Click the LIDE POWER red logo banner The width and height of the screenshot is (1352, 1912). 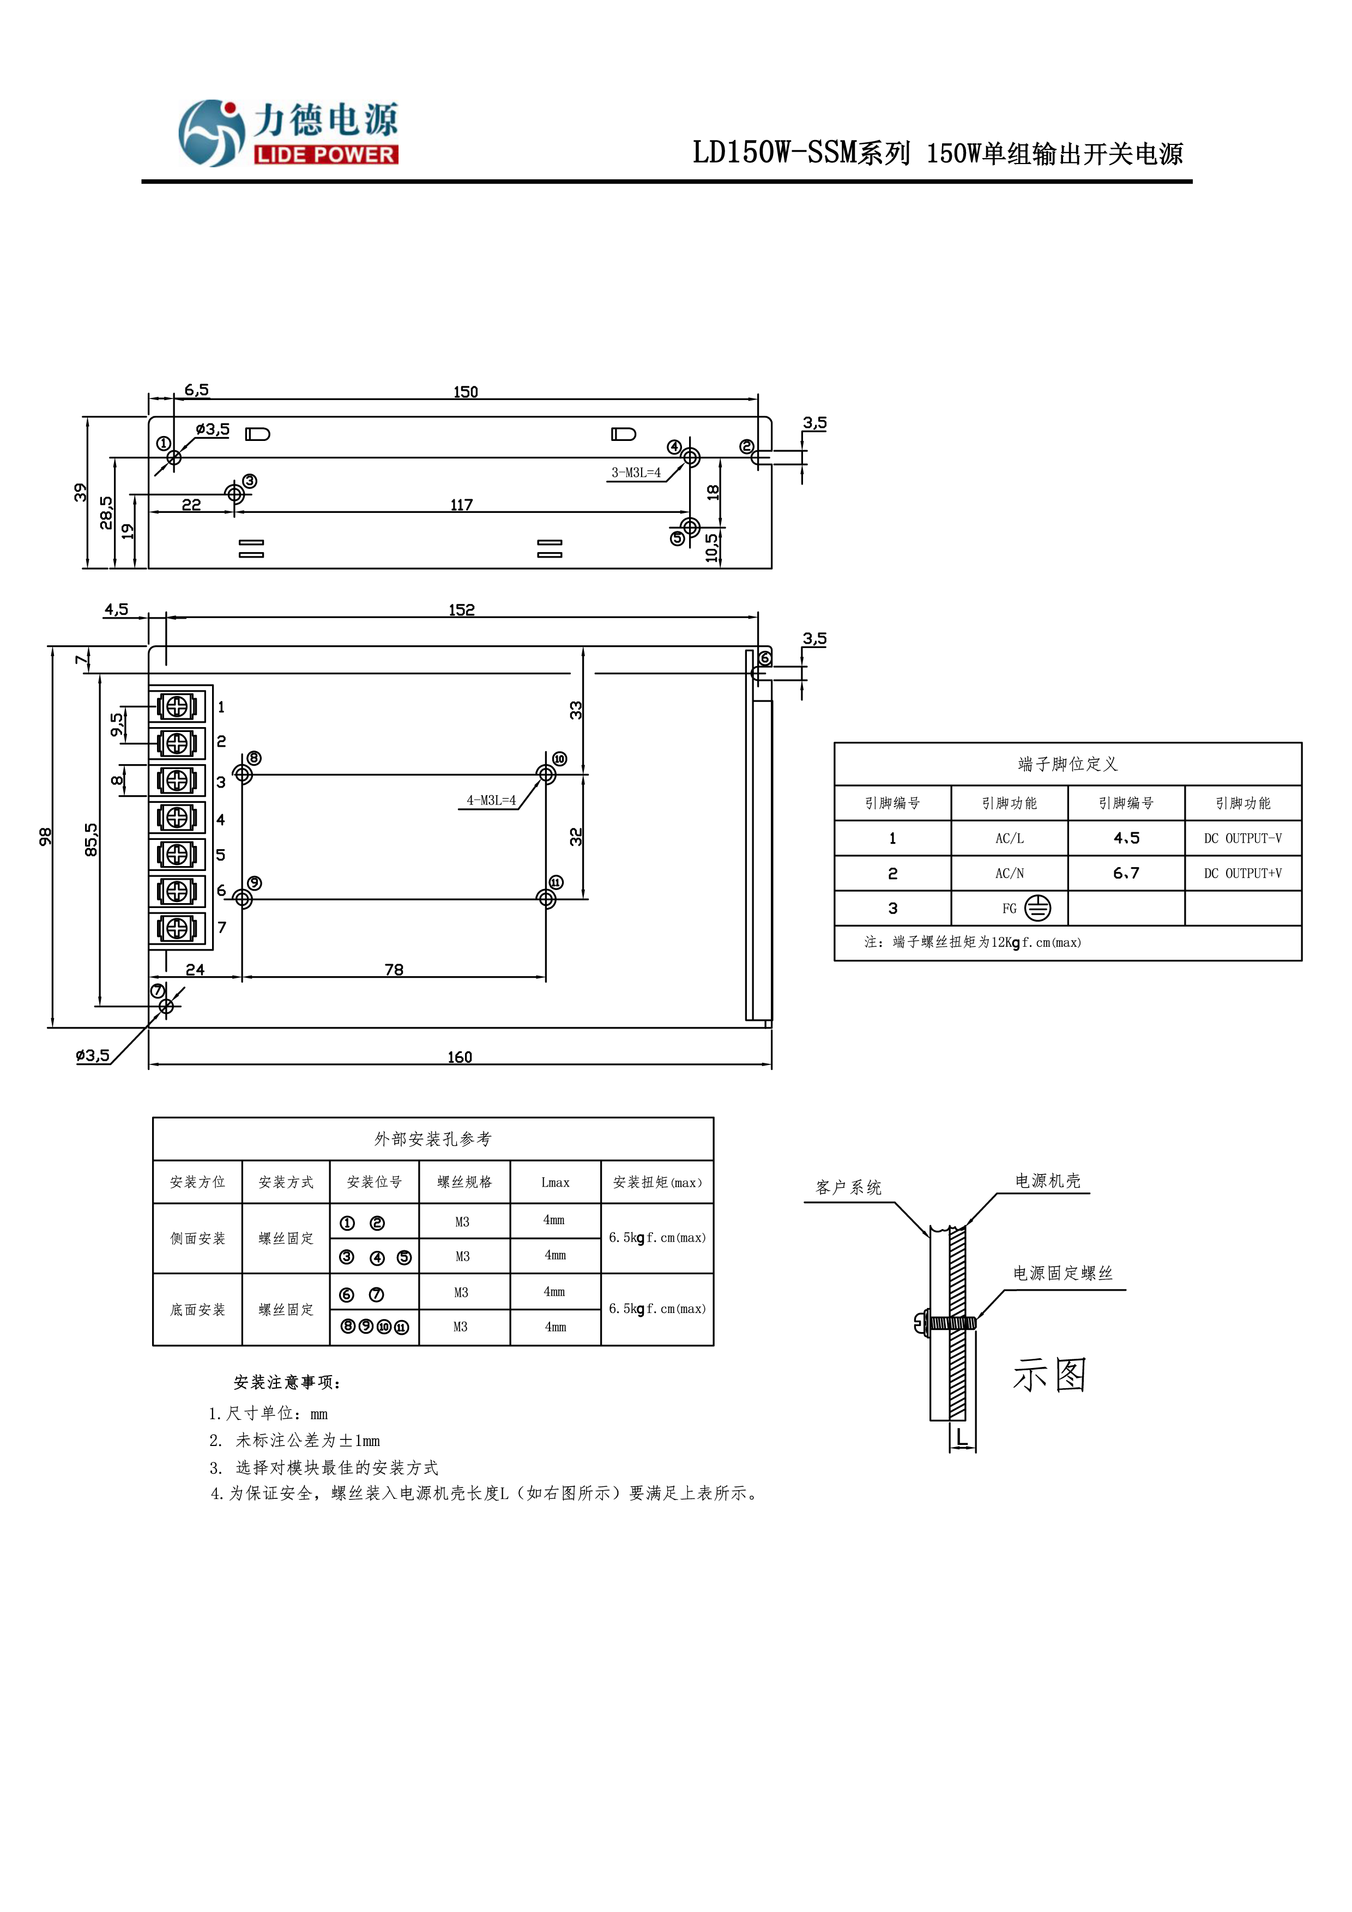tap(325, 154)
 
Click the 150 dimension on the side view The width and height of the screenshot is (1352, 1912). tap(465, 391)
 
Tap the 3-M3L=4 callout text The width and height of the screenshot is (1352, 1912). tap(636, 472)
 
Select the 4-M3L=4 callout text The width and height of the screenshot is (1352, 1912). tap(491, 800)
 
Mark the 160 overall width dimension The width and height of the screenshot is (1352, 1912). tap(459, 1057)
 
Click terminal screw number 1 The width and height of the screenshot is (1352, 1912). tap(177, 706)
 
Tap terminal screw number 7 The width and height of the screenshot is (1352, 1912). tap(177, 928)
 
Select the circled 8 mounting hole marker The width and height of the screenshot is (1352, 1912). tap(254, 758)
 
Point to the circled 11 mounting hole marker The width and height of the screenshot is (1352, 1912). tap(556, 882)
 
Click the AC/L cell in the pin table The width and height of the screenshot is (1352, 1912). tap(1009, 839)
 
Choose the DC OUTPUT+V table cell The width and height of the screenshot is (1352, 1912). tap(1242, 874)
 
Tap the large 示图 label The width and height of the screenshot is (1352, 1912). tap(1049, 1375)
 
